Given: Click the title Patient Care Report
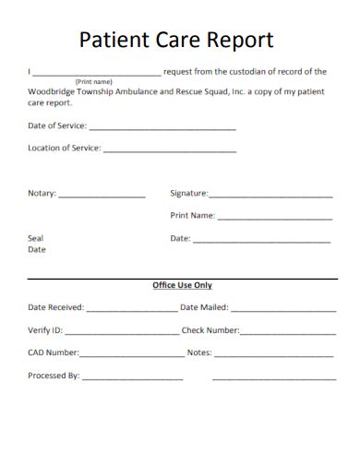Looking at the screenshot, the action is pos(176,41).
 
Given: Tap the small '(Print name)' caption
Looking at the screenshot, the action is pos(95,81).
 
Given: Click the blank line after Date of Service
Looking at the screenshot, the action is pos(162,128).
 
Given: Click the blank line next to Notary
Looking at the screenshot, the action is pos(102,197).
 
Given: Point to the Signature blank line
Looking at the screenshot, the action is pos(270,197).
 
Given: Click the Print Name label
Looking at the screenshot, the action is pos(192,216).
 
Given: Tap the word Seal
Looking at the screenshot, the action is pos(36,238).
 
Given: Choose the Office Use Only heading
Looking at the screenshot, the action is pos(182,285).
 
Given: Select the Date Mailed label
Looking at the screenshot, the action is pos(204,307).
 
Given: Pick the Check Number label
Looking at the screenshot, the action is pos(210,330).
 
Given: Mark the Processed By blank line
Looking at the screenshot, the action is pos(133,378).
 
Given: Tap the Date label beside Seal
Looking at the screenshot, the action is pos(180,238).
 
